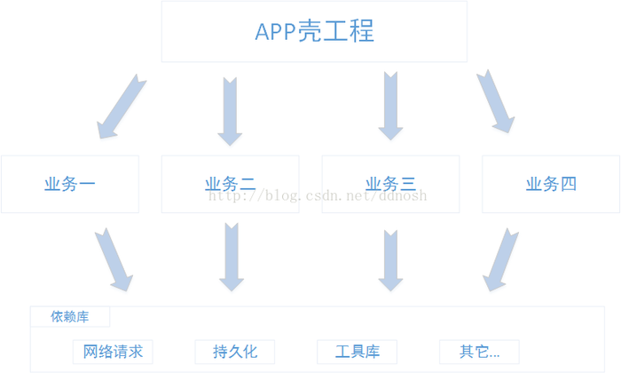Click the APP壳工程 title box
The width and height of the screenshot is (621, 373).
314,32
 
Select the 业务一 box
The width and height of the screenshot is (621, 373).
70,184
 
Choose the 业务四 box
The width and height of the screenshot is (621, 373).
551,184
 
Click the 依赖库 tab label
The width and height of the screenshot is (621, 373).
70,317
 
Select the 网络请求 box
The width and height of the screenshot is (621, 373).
113,352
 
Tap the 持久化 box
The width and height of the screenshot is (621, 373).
235,352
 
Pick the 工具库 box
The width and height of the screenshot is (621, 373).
358,352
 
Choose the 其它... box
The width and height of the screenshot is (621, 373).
479,352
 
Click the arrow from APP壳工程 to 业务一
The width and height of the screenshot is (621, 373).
122,107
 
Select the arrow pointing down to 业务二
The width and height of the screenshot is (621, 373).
230,110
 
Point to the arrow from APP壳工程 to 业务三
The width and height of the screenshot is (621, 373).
390,106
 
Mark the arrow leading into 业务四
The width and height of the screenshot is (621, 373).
495,101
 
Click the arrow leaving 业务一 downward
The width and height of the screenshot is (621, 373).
114,259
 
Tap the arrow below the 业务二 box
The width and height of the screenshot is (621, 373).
231,258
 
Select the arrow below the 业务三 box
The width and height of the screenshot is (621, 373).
390,259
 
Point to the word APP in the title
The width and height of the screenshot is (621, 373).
276,32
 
